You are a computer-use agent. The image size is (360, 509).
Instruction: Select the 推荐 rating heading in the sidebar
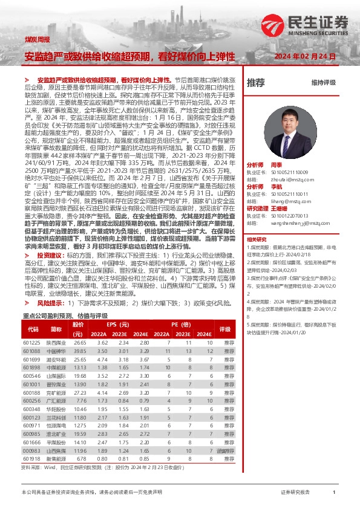tap(256, 82)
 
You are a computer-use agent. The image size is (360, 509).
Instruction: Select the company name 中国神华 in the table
tap(56, 351)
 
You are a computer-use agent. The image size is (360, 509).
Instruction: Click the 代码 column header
tap(33, 329)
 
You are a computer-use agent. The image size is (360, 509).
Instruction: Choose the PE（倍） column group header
tap(183, 325)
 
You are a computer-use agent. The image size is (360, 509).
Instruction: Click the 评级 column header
tap(225, 329)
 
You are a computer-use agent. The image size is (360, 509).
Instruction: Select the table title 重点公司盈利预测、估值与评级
tap(65, 316)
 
